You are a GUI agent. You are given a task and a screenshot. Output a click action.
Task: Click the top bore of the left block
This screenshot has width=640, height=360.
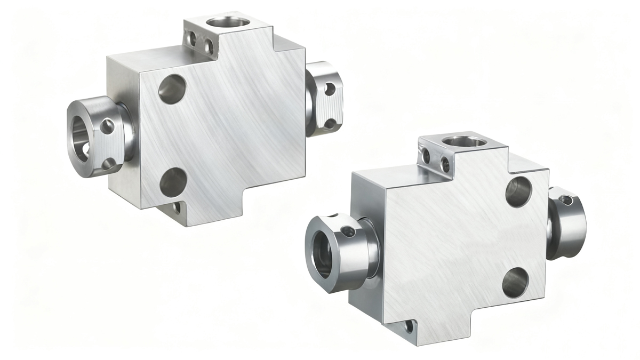tap(228, 23)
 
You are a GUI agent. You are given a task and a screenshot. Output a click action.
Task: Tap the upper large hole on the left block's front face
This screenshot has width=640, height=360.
tap(173, 89)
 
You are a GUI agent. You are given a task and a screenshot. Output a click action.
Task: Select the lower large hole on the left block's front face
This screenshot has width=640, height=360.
tap(173, 181)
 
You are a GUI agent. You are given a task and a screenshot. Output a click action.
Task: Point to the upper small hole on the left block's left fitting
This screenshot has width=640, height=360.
tap(107, 126)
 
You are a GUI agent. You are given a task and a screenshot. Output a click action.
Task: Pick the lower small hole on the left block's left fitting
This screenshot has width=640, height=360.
tap(108, 163)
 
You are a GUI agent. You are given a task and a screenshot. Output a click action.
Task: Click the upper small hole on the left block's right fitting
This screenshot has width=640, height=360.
tap(330, 89)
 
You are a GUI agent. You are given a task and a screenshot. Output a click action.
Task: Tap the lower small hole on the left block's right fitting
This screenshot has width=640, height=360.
tap(330, 124)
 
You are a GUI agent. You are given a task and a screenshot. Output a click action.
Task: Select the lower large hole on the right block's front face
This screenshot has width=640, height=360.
tap(515, 282)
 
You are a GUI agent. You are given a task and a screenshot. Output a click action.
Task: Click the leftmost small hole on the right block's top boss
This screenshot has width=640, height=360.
tap(426, 156)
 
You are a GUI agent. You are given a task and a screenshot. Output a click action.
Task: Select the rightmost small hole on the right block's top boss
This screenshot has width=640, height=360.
tap(444, 163)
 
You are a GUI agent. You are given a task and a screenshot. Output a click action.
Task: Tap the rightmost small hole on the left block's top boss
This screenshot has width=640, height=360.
tap(210, 47)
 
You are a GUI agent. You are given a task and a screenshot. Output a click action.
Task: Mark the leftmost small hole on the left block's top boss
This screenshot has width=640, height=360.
tap(190, 38)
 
